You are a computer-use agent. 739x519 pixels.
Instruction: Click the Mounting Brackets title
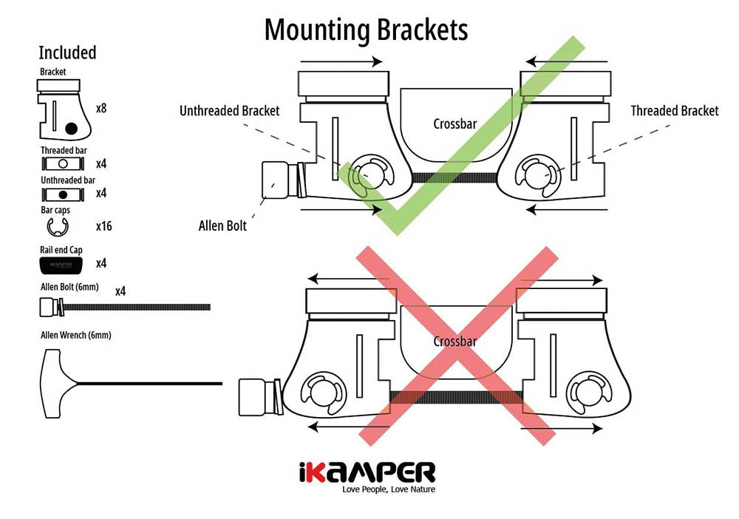pos(366,30)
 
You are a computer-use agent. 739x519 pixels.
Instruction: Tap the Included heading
pos(67,53)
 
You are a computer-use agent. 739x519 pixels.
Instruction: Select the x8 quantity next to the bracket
pos(102,107)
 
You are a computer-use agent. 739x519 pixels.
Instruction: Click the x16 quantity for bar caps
pos(103,226)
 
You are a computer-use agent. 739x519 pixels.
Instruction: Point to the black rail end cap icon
pos(66,263)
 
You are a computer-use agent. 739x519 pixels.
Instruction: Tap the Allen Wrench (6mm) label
pos(76,335)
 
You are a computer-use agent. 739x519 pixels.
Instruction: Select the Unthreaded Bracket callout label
pos(230,111)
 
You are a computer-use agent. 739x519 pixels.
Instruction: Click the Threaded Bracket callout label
pos(674,111)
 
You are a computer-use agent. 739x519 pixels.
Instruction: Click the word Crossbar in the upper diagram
pos(455,124)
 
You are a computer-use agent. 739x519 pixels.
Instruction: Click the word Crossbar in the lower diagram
pos(455,342)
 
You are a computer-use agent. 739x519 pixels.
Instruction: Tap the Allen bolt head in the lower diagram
pos(254,396)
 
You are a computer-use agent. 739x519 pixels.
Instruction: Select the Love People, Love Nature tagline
pos(388,489)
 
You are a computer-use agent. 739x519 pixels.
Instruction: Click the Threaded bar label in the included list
pos(64,151)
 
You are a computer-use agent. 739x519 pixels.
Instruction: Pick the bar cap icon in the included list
pos(58,225)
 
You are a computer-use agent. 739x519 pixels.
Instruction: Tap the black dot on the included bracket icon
pos(71,129)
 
